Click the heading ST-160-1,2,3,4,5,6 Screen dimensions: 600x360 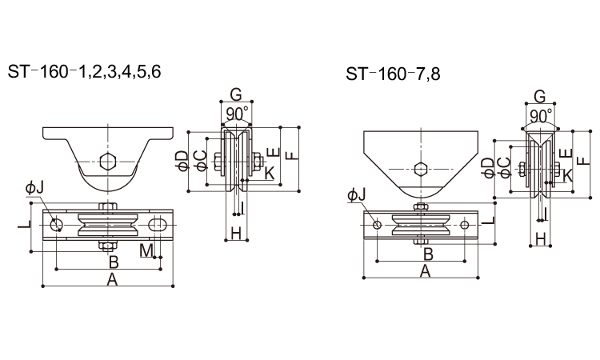(84, 72)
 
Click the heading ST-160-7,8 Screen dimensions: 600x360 (393, 74)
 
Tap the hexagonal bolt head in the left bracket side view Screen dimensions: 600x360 (107, 161)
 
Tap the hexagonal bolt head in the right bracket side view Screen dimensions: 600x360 (421, 168)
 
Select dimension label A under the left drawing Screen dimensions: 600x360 (112, 280)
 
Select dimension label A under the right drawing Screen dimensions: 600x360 (425, 271)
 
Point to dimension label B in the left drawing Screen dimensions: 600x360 (114, 262)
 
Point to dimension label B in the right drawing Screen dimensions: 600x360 (428, 254)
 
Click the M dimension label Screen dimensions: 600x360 (146, 250)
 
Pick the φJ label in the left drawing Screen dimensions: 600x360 (35, 188)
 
